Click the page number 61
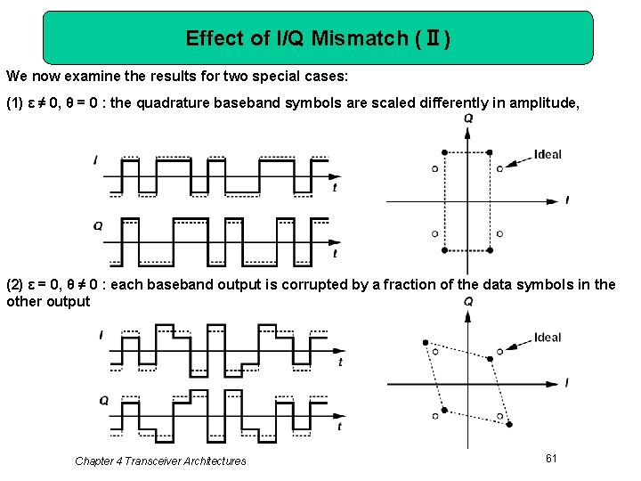(551, 458)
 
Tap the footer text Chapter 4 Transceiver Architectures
(160, 461)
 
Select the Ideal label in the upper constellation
(548, 154)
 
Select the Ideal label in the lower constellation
(548, 337)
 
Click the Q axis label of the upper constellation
(468, 119)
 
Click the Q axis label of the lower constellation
(468, 303)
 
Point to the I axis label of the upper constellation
(567, 200)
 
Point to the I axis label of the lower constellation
(567, 383)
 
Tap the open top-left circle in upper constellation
(434, 167)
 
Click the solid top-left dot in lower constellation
(426, 343)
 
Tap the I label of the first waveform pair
(95, 160)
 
